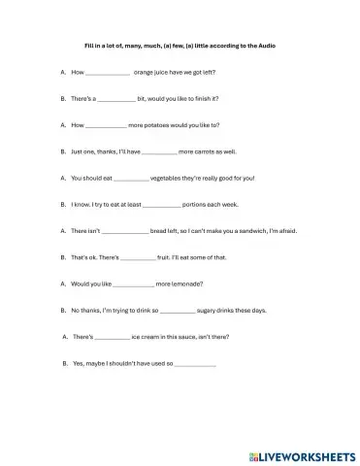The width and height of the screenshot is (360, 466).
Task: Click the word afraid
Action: (x=285, y=231)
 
